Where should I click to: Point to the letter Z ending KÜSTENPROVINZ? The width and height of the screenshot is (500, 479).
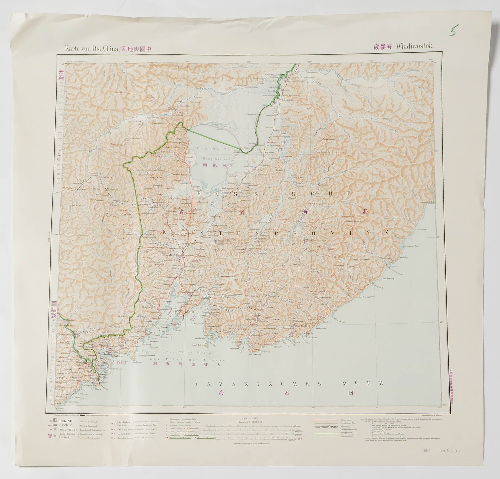click(x=387, y=232)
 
